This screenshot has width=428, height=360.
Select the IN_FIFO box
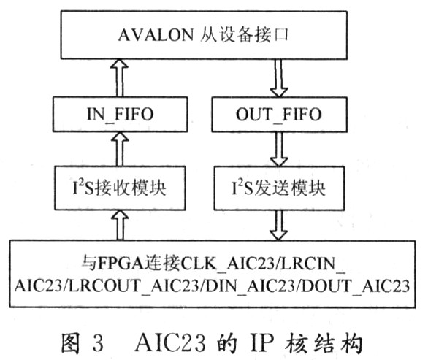click(x=120, y=114)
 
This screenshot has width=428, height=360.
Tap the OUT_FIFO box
click(x=279, y=115)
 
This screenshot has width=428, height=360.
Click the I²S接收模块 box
click(x=120, y=188)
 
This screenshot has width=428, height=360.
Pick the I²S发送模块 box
click(x=279, y=188)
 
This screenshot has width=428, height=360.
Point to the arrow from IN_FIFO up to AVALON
click(x=120, y=77)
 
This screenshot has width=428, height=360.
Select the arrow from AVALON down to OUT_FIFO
click(x=279, y=78)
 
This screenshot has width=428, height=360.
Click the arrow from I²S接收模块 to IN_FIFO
click(x=120, y=149)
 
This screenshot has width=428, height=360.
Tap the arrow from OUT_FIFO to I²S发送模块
click(x=279, y=149)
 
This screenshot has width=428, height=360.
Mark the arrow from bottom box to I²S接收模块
click(x=120, y=225)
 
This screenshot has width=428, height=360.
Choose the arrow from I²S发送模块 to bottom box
click(x=279, y=225)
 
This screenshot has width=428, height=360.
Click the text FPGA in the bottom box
click(x=121, y=264)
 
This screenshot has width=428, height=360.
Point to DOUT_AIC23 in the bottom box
click(x=356, y=286)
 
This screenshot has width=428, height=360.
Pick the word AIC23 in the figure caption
click(x=170, y=342)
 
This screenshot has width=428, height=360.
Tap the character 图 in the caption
click(x=70, y=342)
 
